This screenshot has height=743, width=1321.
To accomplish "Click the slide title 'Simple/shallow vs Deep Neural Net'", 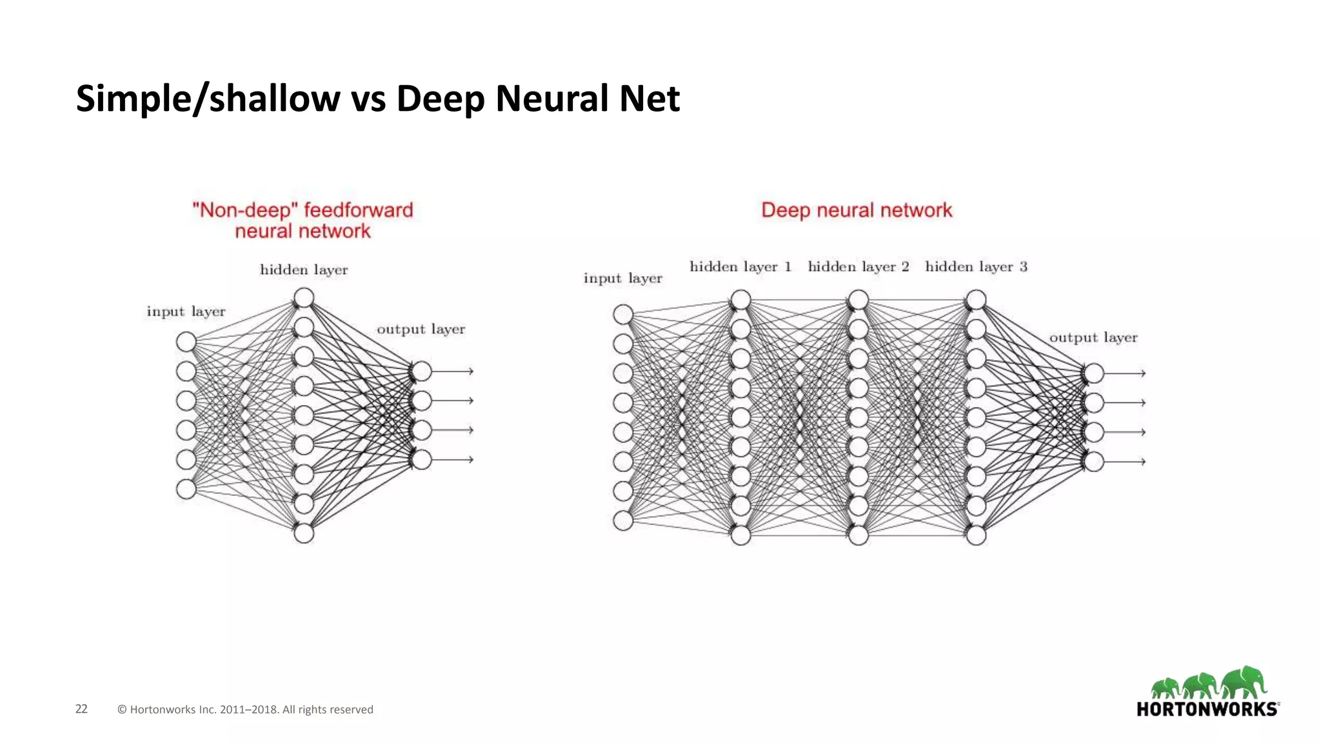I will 377,99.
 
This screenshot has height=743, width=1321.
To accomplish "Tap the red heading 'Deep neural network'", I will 856,210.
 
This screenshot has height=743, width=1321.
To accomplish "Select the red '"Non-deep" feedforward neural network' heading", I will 303,221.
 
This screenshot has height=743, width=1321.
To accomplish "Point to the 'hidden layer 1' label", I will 740,266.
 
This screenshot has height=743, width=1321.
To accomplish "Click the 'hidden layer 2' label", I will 858,266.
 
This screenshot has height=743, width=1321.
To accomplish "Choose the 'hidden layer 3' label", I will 975,266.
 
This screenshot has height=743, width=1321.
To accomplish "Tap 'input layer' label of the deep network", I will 622,278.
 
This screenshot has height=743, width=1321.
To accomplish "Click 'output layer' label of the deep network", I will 1093,337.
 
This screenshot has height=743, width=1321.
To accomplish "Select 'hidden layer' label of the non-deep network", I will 304,270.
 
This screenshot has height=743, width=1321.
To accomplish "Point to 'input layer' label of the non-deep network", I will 186,312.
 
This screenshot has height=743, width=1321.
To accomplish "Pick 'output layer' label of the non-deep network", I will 421,329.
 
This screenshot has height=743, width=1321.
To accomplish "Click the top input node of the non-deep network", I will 186,342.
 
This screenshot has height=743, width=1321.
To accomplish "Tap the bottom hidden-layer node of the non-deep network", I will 304,533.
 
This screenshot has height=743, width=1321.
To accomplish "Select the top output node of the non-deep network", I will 421,371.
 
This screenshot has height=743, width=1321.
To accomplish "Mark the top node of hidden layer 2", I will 859,300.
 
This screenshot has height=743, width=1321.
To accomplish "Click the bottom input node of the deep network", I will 623,520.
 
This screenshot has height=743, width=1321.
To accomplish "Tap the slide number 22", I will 81,709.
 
